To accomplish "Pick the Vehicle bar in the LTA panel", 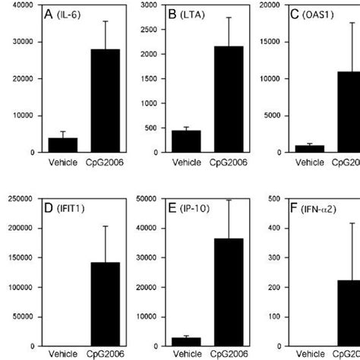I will click(x=186, y=141).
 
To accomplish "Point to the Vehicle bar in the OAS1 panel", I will click(x=308, y=149).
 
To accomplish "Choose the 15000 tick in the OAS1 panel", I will click(x=267, y=42).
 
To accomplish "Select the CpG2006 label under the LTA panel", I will click(x=224, y=162).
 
